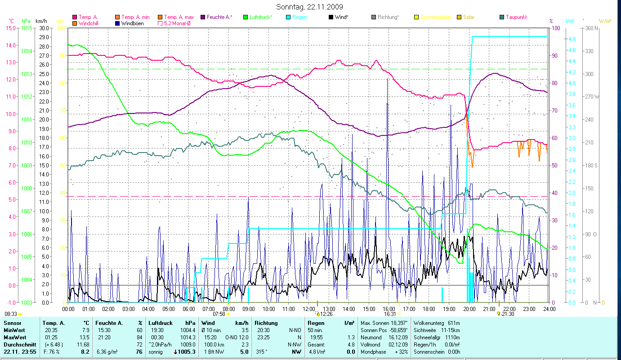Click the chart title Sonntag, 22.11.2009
[x=310, y=7]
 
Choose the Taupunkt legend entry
[x=516, y=17]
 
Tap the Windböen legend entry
[x=132, y=23]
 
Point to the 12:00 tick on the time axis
[x=308, y=309]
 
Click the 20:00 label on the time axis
[x=469, y=309]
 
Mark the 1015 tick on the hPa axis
[x=27, y=28]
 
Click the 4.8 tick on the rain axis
[x=572, y=39]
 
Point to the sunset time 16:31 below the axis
[x=390, y=314]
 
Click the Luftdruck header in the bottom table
[x=161, y=323]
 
